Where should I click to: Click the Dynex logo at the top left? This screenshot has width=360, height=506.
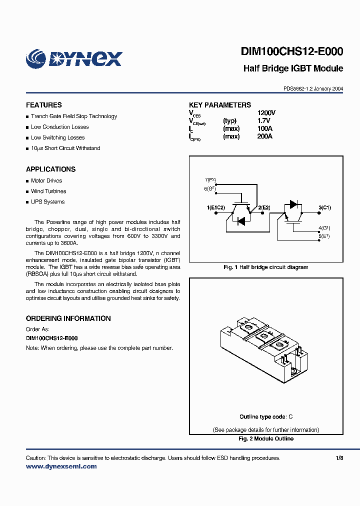click(73, 58)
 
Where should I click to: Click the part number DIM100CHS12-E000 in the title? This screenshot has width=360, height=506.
click(291, 52)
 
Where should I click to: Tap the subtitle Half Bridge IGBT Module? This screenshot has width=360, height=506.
click(293, 68)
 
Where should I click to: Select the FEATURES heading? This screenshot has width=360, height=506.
click(44, 105)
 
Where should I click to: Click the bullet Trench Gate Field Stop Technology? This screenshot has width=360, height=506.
click(73, 116)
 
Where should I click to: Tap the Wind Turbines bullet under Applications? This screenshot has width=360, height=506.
click(48, 191)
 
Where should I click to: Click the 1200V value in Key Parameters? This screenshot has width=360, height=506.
click(266, 113)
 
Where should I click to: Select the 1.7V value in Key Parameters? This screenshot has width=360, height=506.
click(263, 121)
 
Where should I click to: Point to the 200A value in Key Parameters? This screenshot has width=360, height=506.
click(264, 136)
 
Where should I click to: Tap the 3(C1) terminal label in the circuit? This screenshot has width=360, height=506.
click(324, 207)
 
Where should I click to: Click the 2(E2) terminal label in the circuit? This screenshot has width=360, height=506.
click(264, 207)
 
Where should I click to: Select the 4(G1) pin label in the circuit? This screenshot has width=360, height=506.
click(324, 228)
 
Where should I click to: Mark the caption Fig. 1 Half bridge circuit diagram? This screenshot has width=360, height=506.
click(265, 267)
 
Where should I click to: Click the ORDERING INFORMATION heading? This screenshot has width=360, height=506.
click(68, 318)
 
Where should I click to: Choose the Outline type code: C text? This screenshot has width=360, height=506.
click(265, 416)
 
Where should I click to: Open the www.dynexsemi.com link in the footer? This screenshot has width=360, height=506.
click(61, 466)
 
